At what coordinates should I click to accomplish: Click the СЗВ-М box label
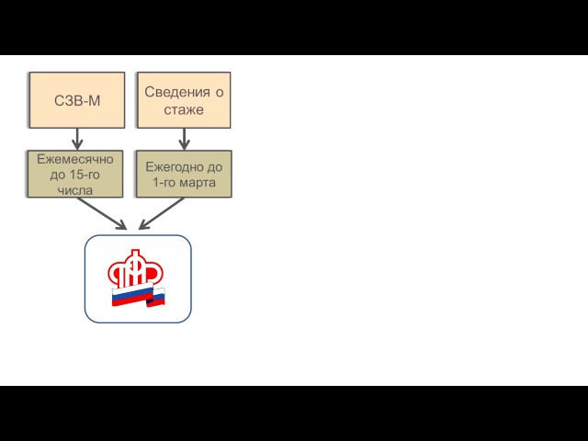(77, 100)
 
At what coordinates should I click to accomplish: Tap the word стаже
(184, 110)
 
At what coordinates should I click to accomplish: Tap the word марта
(197, 183)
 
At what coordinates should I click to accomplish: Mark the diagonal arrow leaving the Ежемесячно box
(102, 213)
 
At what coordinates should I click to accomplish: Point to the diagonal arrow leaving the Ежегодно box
(161, 213)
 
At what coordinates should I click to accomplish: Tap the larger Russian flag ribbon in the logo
(130, 297)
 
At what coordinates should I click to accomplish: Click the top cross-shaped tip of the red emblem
(135, 253)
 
